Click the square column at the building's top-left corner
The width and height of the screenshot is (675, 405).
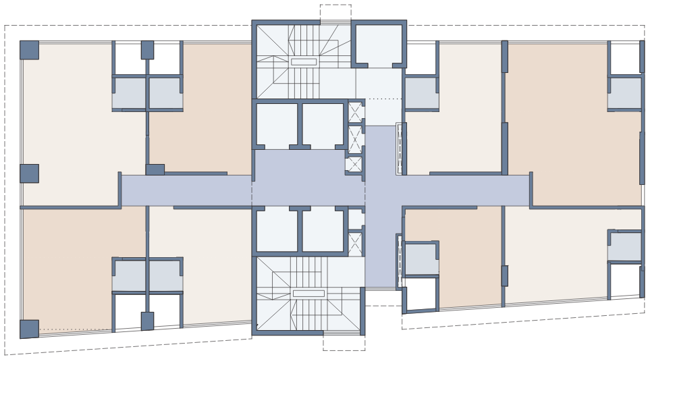(x=29, y=50)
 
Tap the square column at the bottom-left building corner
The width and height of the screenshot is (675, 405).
(x=29, y=329)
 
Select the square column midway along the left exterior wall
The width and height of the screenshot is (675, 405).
(x=29, y=173)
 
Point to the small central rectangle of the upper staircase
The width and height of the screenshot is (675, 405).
(x=304, y=61)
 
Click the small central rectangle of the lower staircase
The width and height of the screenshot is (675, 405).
(x=308, y=293)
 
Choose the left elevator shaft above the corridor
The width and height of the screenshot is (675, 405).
(x=277, y=125)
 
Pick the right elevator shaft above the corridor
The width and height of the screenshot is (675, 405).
(x=323, y=125)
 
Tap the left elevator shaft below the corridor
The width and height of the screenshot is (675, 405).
(x=277, y=230)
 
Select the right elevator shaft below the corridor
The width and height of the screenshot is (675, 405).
(x=323, y=230)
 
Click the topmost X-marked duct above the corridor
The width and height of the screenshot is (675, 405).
(x=355, y=112)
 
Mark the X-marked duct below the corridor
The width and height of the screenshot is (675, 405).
(x=355, y=244)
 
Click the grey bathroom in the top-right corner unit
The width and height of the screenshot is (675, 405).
(x=624, y=93)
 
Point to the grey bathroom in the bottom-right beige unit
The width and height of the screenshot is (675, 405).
(x=624, y=246)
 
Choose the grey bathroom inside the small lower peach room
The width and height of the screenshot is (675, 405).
(x=421, y=259)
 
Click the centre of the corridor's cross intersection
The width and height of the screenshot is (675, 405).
(x=380, y=190)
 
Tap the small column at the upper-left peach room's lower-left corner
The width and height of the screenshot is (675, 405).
(x=155, y=169)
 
